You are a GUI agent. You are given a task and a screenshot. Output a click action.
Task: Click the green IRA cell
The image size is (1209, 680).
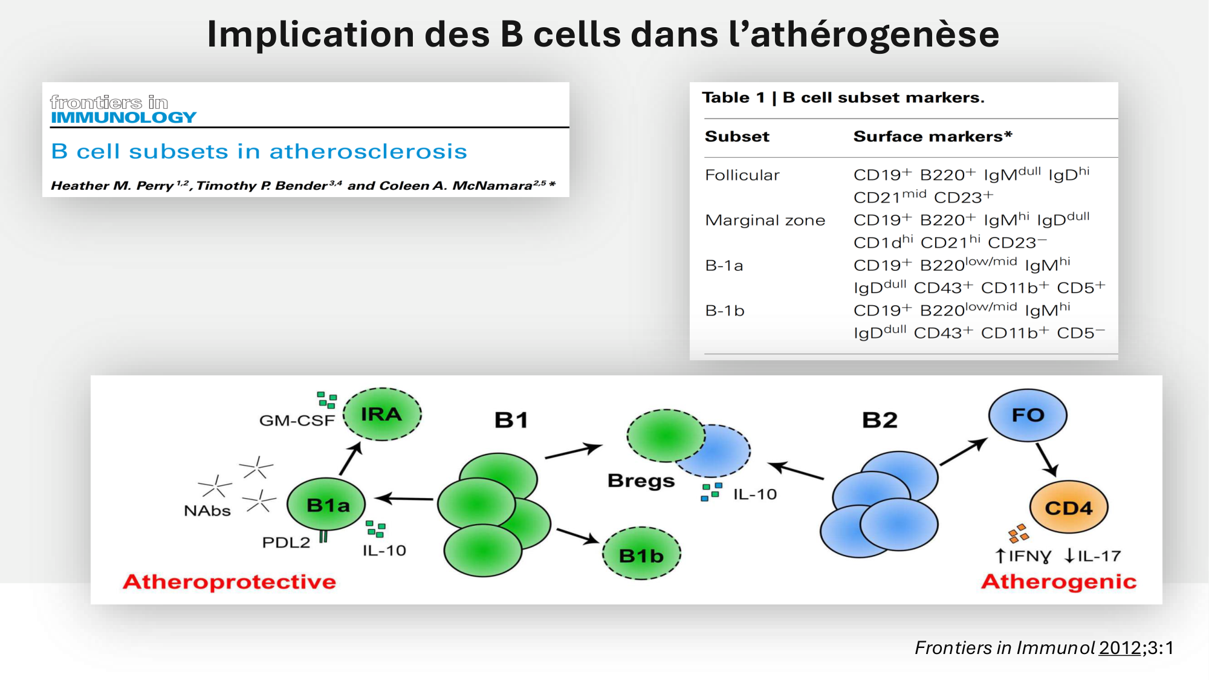(x=382, y=415)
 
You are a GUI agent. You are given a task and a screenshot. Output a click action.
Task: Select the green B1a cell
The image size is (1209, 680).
(x=327, y=505)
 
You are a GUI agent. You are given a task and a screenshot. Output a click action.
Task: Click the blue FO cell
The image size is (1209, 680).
(x=1028, y=415)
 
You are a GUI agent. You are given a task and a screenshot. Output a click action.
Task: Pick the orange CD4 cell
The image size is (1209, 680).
(x=1068, y=508)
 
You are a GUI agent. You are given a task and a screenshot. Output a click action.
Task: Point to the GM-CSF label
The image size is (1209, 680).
(x=297, y=420)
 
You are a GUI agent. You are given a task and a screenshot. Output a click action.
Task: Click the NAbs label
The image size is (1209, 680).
(x=207, y=511)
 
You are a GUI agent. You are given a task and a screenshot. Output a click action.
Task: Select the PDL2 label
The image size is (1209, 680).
(x=286, y=542)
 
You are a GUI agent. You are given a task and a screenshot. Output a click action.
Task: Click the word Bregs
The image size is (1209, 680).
(x=641, y=481)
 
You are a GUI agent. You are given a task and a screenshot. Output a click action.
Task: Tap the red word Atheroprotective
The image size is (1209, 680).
(x=229, y=581)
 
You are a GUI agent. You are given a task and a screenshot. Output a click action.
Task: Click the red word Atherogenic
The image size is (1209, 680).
(x=1058, y=581)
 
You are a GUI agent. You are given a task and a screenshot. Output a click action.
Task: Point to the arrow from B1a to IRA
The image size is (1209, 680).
(x=351, y=459)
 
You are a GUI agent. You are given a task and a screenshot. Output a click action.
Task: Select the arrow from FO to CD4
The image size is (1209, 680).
(x=1046, y=460)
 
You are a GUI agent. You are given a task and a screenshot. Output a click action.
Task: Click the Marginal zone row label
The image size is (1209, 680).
(x=765, y=220)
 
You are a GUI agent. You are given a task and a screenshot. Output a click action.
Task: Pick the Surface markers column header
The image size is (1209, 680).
(x=932, y=137)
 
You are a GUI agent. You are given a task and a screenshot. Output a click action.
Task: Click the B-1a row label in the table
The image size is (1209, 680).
(x=724, y=265)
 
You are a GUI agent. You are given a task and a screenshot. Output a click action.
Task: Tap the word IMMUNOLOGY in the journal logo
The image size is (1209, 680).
(x=124, y=117)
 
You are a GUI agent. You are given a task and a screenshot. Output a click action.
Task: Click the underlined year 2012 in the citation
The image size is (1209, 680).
(x=1120, y=648)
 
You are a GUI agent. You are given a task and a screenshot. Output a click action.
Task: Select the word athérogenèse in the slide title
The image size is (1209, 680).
(x=875, y=34)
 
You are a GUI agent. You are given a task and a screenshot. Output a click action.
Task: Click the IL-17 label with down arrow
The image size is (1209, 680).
(x=1093, y=555)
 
